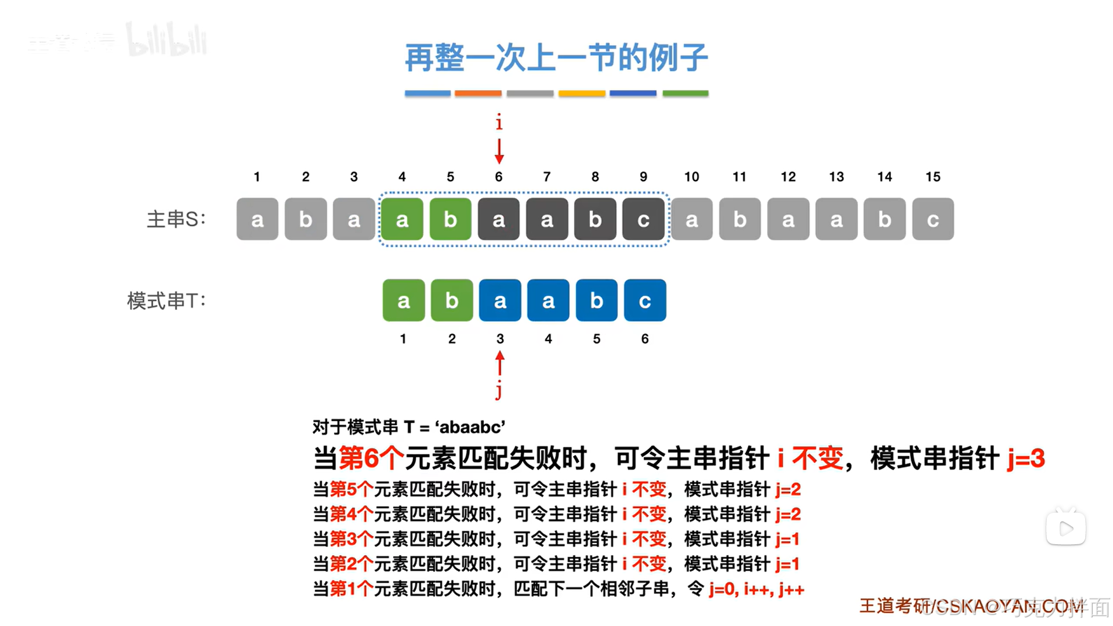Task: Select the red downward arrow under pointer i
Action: pos(499,151)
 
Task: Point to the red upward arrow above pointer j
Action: pos(499,363)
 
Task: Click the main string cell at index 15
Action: pos(933,219)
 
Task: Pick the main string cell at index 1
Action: pos(258,219)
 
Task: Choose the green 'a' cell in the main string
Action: pos(402,219)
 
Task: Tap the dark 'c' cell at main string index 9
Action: pos(643,219)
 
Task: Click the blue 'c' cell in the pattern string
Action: pos(644,301)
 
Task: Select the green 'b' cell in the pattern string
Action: pos(452,301)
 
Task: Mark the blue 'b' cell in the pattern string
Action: pos(596,301)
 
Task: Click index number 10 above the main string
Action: pos(691,177)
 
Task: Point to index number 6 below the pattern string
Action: pos(644,339)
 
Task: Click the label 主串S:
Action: pos(176,219)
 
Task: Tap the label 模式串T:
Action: pos(166,301)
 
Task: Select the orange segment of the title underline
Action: pos(478,93)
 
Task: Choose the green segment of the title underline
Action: pos(685,93)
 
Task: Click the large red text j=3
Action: pos(1025,459)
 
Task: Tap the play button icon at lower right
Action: pos(1065,528)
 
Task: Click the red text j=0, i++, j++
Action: pos(756,589)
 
